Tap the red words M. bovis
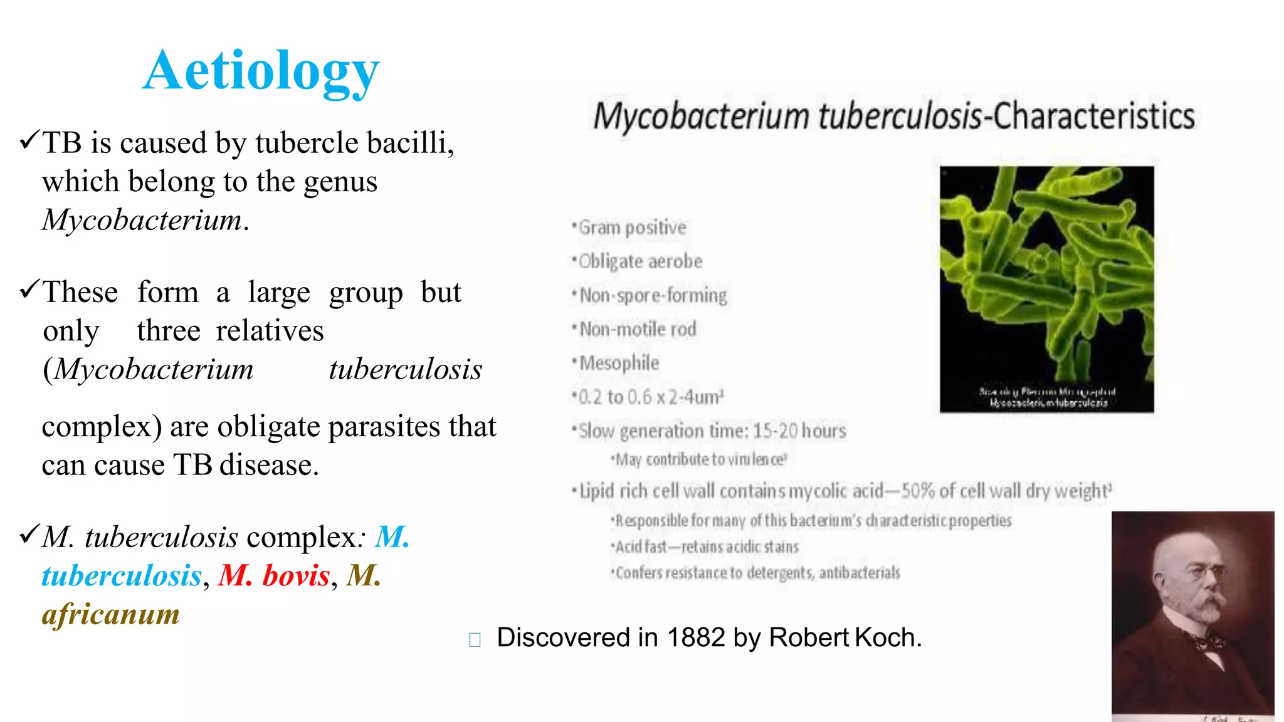pyautogui.click(x=274, y=575)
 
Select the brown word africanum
pyautogui.click(x=111, y=614)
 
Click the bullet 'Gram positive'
pyautogui.click(x=632, y=228)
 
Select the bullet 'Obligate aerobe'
pyautogui.click(x=639, y=261)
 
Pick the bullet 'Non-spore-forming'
pyautogui.click(x=653, y=295)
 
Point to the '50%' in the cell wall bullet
pyautogui.click(x=918, y=491)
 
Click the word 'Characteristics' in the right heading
pyautogui.click(x=1094, y=117)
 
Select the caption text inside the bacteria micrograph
pyautogui.click(x=1048, y=397)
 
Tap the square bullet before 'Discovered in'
pyautogui.click(x=475, y=639)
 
